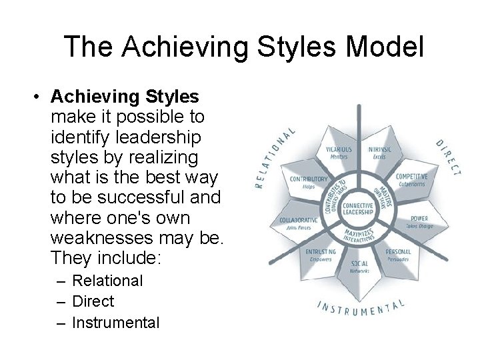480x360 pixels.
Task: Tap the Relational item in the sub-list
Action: click(x=107, y=281)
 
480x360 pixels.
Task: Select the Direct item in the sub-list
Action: click(x=93, y=301)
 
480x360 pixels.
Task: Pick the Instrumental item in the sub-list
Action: click(x=115, y=323)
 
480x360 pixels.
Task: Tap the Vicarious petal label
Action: click(x=339, y=152)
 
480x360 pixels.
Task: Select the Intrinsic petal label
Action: click(x=379, y=152)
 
